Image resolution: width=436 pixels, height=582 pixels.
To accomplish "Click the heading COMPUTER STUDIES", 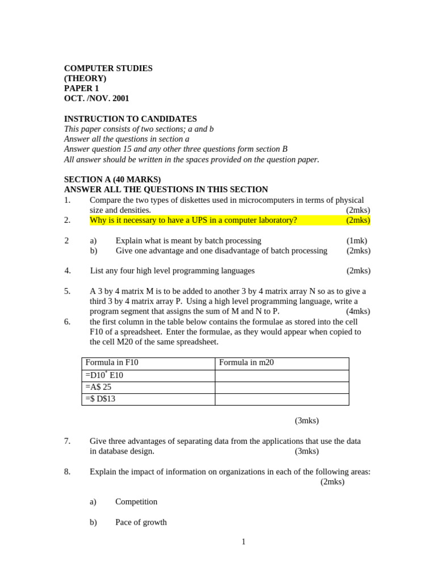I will click(x=108, y=68).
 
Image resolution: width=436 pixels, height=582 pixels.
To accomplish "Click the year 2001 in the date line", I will click(x=120, y=98).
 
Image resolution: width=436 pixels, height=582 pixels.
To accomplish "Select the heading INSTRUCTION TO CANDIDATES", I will click(x=131, y=119).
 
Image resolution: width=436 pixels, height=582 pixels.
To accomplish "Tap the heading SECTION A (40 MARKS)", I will click(x=112, y=180).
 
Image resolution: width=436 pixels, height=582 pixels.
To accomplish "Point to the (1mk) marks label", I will click(x=357, y=241).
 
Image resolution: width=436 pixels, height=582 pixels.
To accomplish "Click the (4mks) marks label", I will click(x=358, y=311).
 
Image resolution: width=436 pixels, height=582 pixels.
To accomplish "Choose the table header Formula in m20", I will click(x=246, y=363).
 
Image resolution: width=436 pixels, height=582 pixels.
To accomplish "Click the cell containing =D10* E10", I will click(x=104, y=375).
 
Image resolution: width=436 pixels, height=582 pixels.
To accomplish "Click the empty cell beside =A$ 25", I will click(x=282, y=387).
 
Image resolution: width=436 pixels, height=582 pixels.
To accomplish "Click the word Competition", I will click(x=136, y=502).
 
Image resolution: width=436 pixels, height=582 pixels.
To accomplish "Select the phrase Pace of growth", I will click(x=141, y=522).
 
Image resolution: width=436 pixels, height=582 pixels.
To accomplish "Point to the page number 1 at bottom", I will click(x=244, y=542).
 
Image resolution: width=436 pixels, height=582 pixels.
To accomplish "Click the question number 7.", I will click(x=67, y=441).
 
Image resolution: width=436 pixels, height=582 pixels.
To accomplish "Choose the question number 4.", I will click(x=67, y=271).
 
